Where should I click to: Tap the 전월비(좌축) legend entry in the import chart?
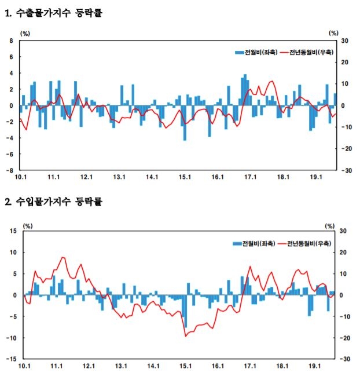pyautogui.click(x=253, y=243)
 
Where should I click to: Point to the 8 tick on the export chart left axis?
pyautogui.click(x=11, y=41)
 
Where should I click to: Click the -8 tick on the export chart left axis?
pyautogui.click(x=10, y=170)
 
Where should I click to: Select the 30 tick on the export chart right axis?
pyautogui.click(x=344, y=41)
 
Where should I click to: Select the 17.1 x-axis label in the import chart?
pyautogui.click(x=251, y=367)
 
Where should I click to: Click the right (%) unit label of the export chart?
pyautogui.click(x=333, y=34)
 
